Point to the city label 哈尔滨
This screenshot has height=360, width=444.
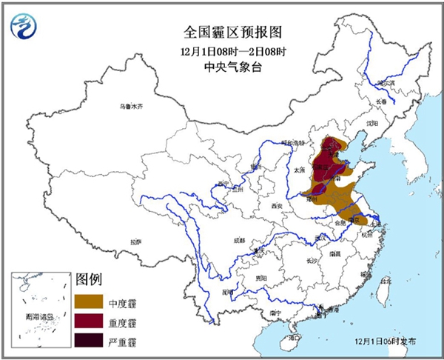[386, 83]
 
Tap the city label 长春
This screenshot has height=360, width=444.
[380, 101]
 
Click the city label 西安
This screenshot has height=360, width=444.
[277, 205]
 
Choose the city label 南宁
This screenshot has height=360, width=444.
[276, 313]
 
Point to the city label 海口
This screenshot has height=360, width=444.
[295, 337]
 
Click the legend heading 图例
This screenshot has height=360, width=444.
[88, 280]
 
